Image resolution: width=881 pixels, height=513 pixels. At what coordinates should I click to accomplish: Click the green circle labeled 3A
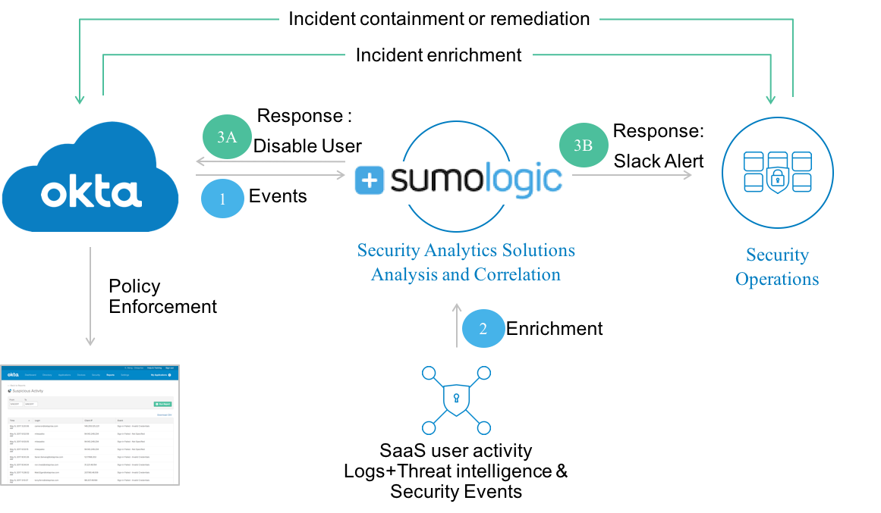227,138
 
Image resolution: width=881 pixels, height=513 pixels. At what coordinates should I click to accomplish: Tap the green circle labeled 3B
583,145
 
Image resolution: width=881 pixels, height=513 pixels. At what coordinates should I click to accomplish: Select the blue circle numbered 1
222,200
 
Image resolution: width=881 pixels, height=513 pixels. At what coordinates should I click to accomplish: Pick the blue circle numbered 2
483,329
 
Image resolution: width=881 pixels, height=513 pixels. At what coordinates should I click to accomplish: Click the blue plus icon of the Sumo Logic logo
370,180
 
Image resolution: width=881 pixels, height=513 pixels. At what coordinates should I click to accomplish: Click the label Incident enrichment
439,55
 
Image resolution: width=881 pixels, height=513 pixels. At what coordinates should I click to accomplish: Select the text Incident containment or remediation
439,19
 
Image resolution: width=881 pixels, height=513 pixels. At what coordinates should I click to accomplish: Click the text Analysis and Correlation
465,274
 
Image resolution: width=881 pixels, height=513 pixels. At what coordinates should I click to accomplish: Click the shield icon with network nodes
456,399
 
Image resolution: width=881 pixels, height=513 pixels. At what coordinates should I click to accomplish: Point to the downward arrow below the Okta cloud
90,296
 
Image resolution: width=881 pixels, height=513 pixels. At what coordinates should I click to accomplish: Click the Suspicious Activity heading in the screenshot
27,391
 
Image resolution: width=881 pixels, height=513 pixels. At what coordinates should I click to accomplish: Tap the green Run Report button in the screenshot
162,404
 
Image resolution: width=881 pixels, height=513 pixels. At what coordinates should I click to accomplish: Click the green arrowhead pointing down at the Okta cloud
79,99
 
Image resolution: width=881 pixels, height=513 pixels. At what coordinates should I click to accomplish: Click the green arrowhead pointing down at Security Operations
772,99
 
